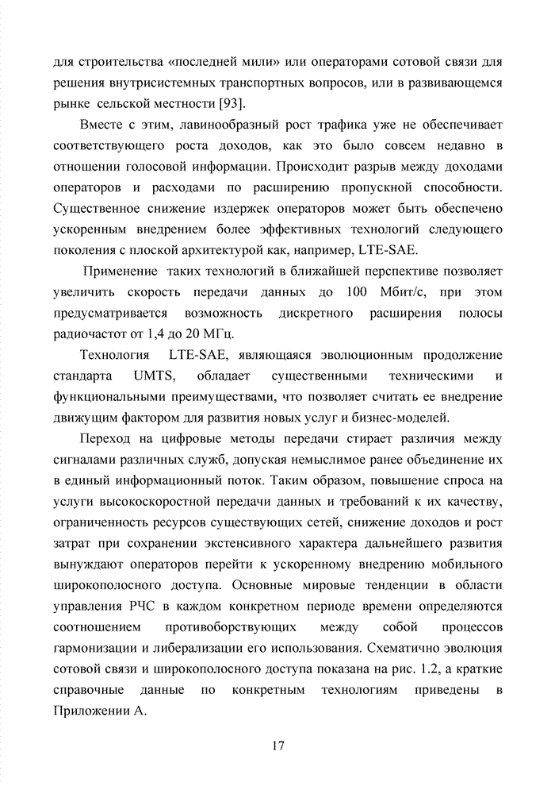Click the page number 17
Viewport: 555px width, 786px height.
click(277, 746)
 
